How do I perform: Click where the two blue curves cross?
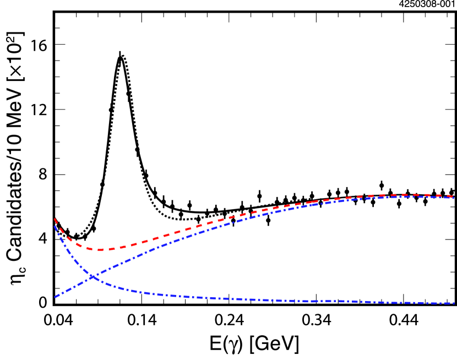tap(92, 276)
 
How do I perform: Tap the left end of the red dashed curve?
tap(55, 219)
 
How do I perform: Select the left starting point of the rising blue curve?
tap(55, 297)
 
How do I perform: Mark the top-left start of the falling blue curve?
tap(55, 225)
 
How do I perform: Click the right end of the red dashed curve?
tap(454, 196)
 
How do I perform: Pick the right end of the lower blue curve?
tap(454, 303)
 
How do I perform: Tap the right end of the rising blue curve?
tap(454, 198)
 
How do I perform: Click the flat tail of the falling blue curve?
tap(358, 302)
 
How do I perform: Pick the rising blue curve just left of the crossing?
tap(80, 283)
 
